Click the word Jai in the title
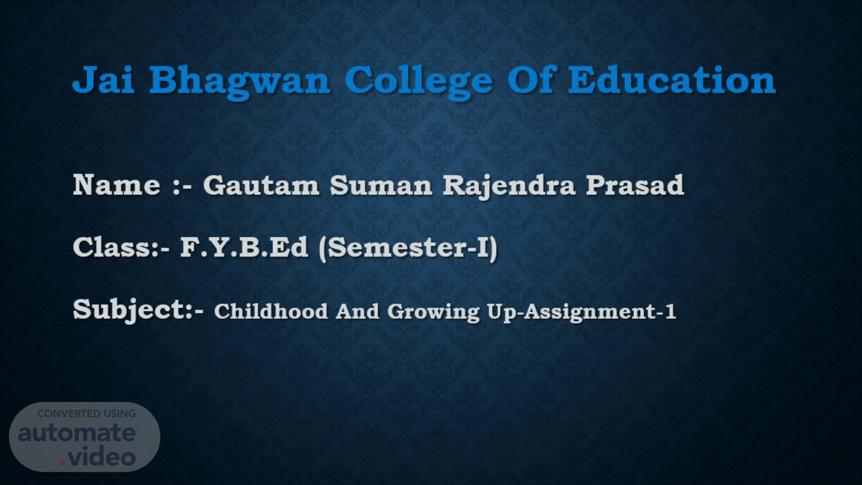[x=104, y=80]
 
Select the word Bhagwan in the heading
[x=240, y=84]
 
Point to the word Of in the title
[x=530, y=80]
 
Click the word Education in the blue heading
[x=672, y=80]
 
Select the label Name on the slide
[x=117, y=185]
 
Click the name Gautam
[x=261, y=185]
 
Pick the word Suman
[x=381, y=185]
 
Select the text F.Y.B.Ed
[x=244, y=247]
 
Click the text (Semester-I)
[x=408, y=248]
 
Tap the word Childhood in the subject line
[x=271, y=311]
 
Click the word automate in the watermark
[x=77, y=433]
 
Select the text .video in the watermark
[x=97, y=457]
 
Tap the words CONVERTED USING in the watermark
[x=87, y=414]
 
